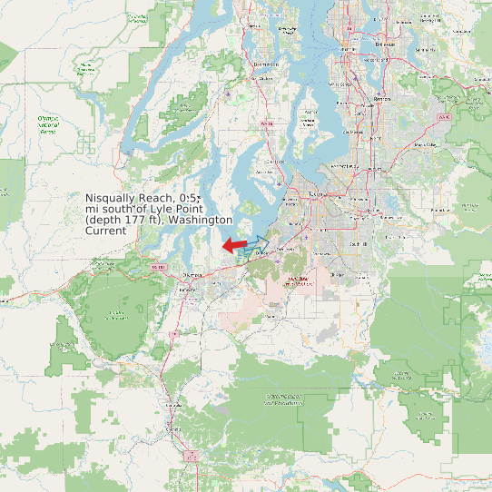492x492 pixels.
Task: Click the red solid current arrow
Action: [234, 245]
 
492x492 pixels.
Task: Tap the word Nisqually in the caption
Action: [116, 198]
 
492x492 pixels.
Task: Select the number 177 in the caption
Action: [141, 220]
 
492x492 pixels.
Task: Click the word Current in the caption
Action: [105, 231]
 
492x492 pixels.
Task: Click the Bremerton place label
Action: [267, 65]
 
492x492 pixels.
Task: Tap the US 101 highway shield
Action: [159, 267]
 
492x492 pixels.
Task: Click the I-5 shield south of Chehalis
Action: [192, 458]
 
